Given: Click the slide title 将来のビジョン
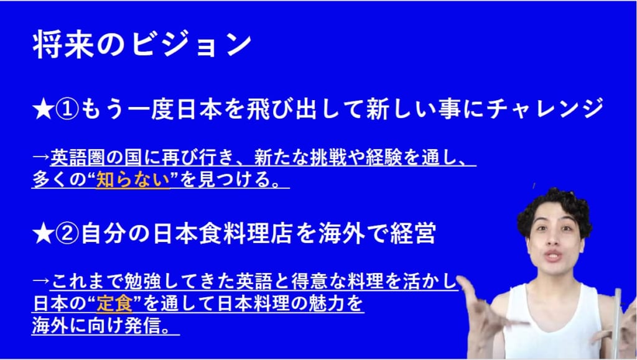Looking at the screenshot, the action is click(142, 44).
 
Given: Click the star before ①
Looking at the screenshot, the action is click(43, 110).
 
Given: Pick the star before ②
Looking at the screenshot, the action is click(43, 234).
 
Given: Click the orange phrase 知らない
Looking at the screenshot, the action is click(133, 180).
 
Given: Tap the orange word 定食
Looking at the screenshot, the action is click(114, 304).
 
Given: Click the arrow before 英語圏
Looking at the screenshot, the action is click(40, 157).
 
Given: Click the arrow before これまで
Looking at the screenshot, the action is click(40, 281).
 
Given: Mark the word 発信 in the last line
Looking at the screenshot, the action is click(142, 326).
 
